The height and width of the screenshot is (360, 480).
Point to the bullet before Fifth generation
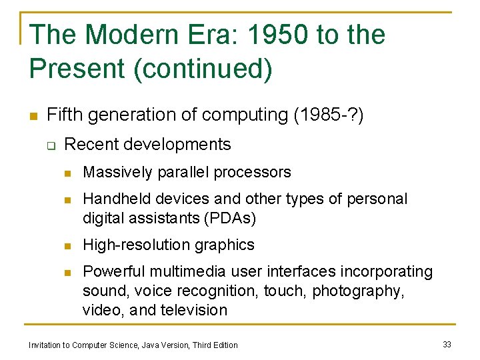(x=32, y=115)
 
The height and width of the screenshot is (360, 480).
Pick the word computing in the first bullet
(x=245, y=115)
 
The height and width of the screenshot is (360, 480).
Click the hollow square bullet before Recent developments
(x=51, y=145)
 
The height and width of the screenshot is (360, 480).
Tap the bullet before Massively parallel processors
(x=67, y=173)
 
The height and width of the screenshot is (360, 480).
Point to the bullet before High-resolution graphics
(x=67, y=246)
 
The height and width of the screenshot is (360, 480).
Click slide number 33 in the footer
(x=447, y=344)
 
